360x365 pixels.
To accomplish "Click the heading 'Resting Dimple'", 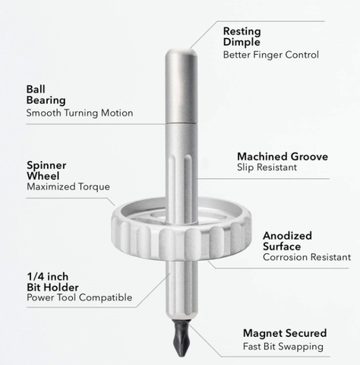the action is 242,36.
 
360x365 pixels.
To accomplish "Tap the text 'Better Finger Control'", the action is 271,55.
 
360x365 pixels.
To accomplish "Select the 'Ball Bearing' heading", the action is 46,94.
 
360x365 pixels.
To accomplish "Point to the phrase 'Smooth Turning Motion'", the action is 80,113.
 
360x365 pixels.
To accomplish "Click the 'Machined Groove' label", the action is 283,157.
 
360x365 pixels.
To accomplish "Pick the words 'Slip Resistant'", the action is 267,167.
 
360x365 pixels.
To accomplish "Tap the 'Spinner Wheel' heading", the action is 46,170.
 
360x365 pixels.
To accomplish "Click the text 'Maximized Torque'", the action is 68,187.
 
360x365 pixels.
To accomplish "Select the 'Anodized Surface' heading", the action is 287,241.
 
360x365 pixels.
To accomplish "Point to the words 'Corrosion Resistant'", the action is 307,257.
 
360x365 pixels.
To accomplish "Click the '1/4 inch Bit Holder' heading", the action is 52,282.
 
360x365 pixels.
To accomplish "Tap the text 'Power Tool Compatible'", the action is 80,297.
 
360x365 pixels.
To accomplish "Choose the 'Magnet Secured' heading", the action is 285,333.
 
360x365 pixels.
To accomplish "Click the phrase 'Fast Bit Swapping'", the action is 283,347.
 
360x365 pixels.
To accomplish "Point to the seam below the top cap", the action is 181,123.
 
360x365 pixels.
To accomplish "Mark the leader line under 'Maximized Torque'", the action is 71,198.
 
